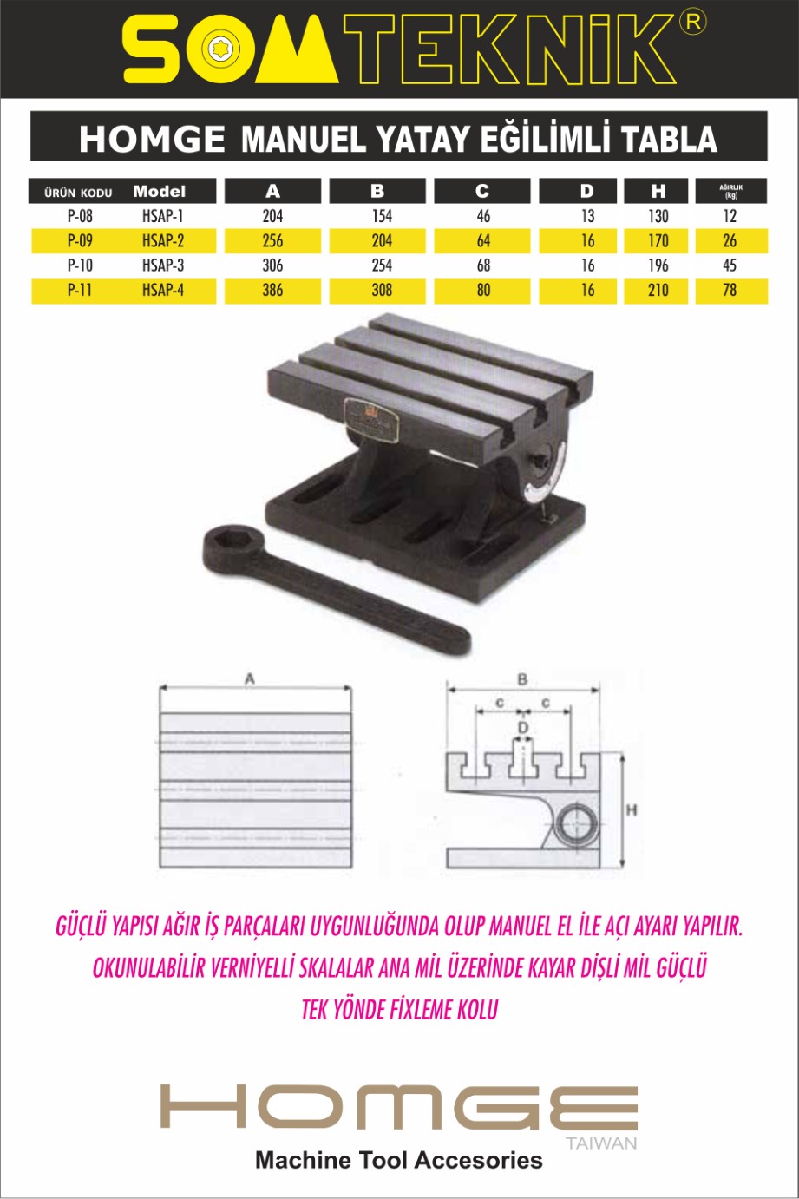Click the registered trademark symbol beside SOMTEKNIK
point(693,23)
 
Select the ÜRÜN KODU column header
point(78,192)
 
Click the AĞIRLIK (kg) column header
point(731,191)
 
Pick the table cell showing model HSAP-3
point(163,265)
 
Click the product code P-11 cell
point(80,290)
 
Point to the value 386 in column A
point(272,290)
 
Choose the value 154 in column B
point(382,216)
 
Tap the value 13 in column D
point(587,216)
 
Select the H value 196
point(658,265)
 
